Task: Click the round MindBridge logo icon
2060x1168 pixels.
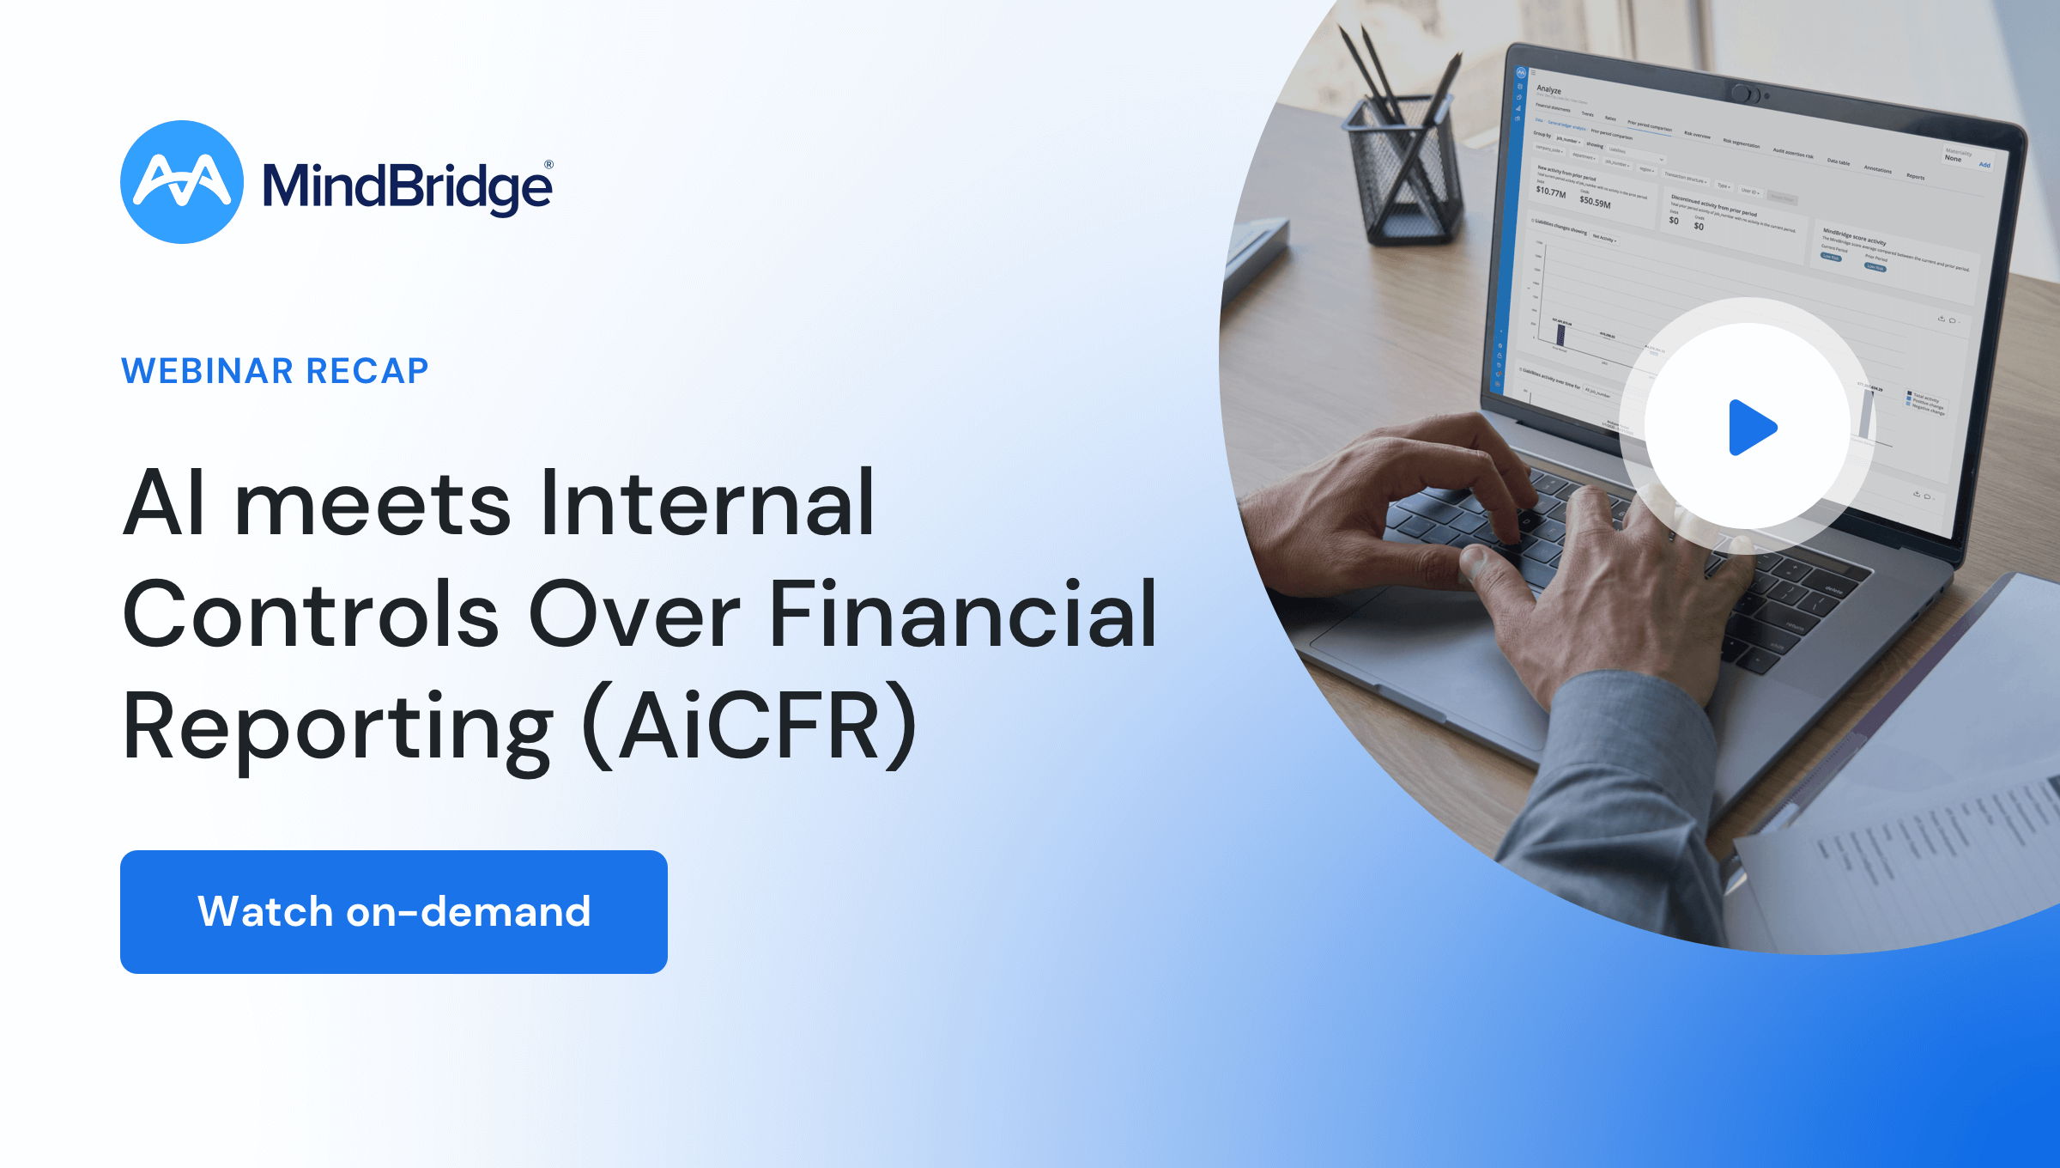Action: pos(181,182)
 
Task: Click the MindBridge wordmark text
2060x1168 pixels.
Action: pos(406,186)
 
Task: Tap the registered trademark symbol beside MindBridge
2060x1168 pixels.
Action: pos(548,165)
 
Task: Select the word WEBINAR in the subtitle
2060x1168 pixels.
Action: pos(207,371)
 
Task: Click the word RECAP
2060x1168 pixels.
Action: pos(367,371)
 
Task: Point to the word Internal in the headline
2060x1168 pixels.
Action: pos(706,503)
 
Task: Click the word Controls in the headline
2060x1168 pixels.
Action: pos(311,615)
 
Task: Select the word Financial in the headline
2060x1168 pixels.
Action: pos(962,615)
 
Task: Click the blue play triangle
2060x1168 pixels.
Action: pos(1750,427)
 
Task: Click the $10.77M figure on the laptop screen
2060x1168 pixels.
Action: pos(1551,192)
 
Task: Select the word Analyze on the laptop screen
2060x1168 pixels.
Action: pos(1549,89)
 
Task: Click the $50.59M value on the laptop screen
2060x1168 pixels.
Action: pos(1595,202)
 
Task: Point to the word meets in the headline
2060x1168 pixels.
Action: pos(373,505)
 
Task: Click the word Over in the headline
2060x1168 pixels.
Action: pos(633,615)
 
